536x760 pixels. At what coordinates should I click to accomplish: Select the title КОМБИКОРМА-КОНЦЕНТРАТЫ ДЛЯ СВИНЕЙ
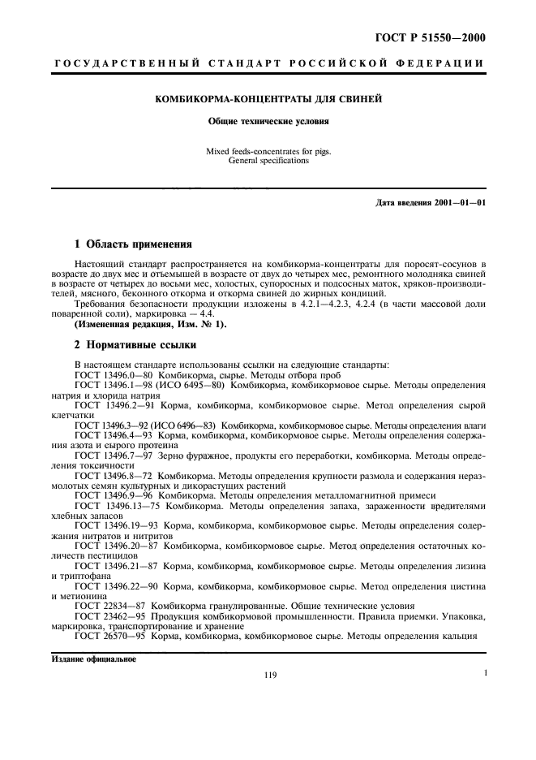[x=268, y=100]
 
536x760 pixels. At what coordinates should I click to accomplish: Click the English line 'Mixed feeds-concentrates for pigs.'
[x=268, y=151]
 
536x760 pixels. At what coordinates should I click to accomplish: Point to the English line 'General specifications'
[x=268, y=161]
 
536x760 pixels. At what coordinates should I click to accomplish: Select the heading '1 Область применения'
[x=133, y=244]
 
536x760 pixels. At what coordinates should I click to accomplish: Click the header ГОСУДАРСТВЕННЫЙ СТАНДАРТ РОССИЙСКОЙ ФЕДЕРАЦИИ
[x=268, y=63]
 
